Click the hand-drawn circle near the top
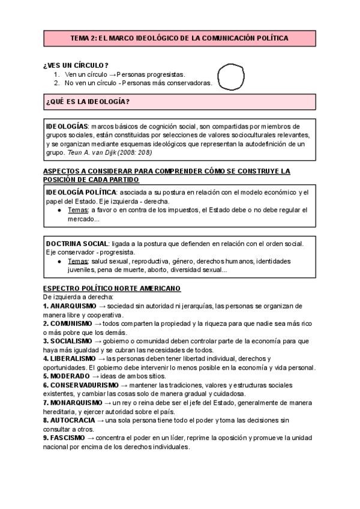232,77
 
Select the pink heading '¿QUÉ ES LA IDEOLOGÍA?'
87,101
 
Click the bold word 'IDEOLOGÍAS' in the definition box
67,127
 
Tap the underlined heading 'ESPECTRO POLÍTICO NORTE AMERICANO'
112,289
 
